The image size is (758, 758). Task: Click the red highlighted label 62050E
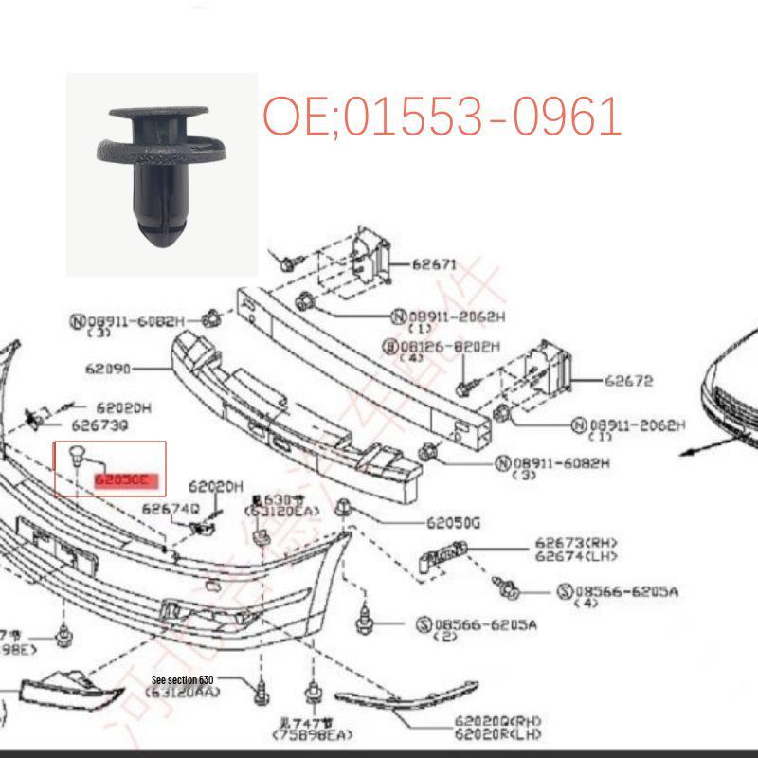[x=123, y=480]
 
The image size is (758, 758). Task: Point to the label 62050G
[x=454, y=522]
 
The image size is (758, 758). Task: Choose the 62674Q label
[x=171, y=509]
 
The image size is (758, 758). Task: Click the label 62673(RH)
[x=568, y=543]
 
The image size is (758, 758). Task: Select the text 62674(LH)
[x=568, y=556]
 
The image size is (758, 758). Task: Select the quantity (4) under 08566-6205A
[x=587, y=604]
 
